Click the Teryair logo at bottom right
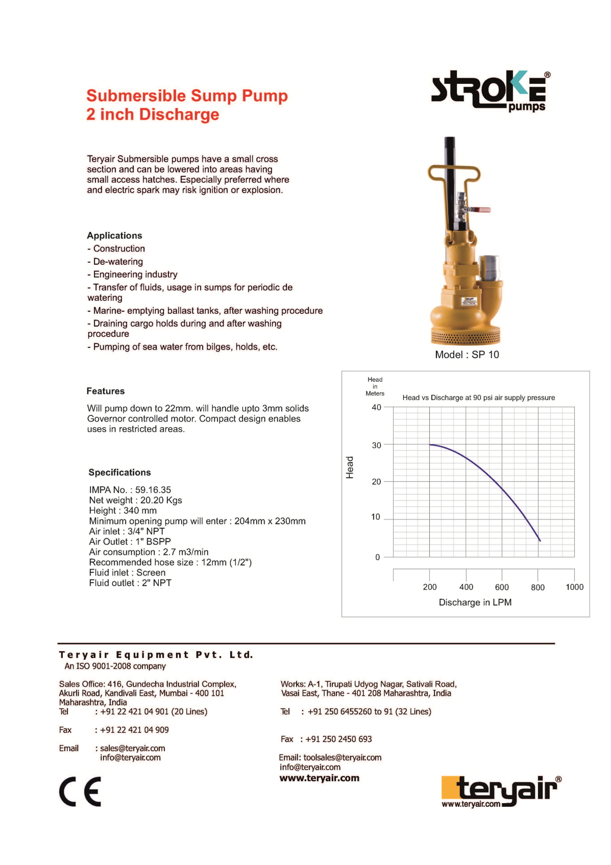pyautogui.click(x=501, y=791)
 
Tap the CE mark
pyautogui.click(x=80, y=792)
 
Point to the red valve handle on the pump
pyautogui.click(x=481, y=209)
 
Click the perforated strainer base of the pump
pyautogui.click(x=465, y=337)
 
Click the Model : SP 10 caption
pyautogui.click(x=467, y=355)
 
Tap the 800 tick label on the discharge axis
pyautogui.click(x=538, y=587)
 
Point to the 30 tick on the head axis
pyautogui.click(x=376, y=445)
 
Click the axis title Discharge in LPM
pyautogui.click(x=475, y=602)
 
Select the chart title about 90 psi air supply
pyautogui.click(x=479, y=398)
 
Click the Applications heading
pyautogui.click(x=115, y=235)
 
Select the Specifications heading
pyautogui.click(x=120, y=473)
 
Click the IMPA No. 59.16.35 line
pyautogui.click(x=130, y=490)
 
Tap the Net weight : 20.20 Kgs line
pyautogui.click(x=135, y=501)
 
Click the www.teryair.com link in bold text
pyautogui.click(x=319, y=778)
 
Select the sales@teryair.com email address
pyautogui.click(x=132, y=748)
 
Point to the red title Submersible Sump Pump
pyautogui.click(x=187, y=96)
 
